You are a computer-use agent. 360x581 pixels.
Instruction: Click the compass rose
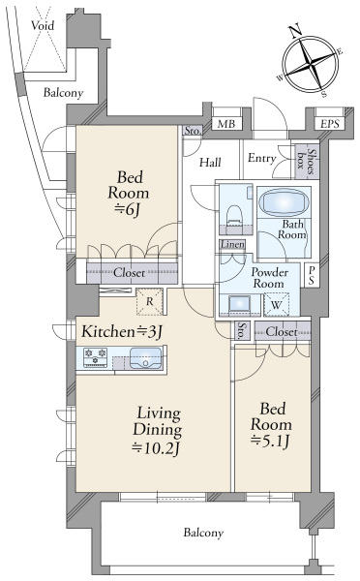(311, 64)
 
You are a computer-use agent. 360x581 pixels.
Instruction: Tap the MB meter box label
(225, 124)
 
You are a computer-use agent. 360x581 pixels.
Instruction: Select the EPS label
(330, 124)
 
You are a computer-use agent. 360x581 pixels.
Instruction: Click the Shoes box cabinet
(308, 162)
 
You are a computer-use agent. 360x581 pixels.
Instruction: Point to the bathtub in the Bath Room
(284, 202)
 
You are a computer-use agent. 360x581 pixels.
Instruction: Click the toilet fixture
(234, 217)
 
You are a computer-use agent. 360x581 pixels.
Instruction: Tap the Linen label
(232, 245)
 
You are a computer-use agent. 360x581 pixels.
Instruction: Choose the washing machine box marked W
(276, 305)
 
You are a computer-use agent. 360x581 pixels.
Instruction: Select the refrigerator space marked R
(149, 301)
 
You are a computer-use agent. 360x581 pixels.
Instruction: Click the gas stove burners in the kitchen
(95, 357)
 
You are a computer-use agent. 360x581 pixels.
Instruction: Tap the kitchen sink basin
(146, 358)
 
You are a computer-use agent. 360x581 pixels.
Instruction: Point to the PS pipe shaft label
(311, 275)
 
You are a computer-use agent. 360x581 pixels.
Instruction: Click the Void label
(43, 25)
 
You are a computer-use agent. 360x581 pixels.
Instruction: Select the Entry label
(262, 158)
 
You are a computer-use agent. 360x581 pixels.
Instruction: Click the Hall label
(210, 162)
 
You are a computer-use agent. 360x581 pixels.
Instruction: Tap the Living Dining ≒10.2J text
(158, 431)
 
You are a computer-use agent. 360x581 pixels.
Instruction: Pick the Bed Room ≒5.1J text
(272, 425)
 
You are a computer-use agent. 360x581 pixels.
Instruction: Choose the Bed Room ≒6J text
(129, 194)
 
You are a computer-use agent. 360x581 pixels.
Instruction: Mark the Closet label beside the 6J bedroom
(129, 273)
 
